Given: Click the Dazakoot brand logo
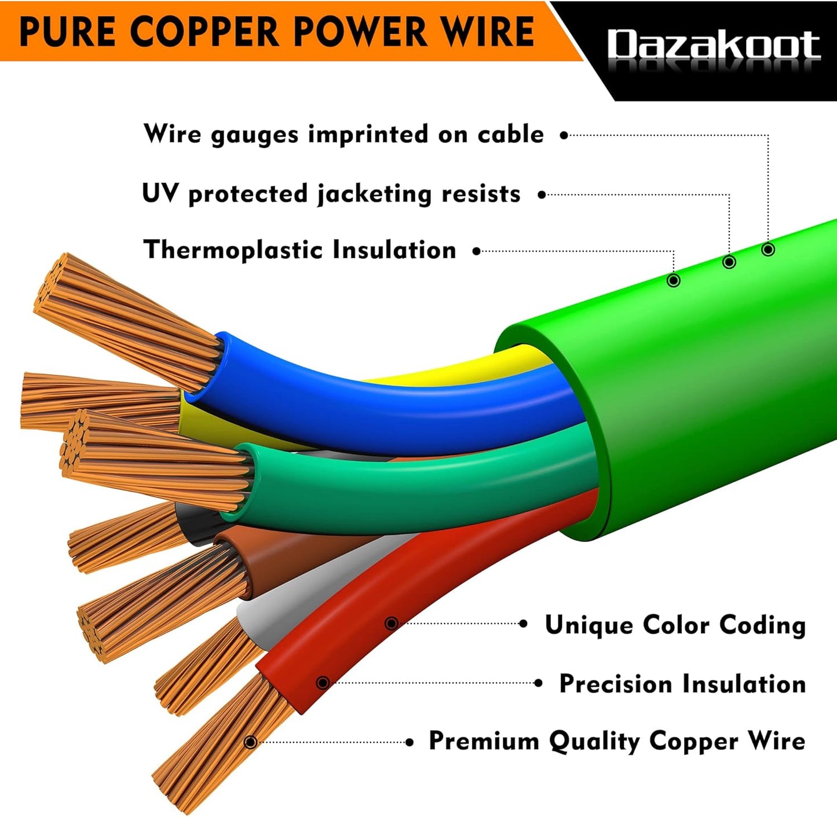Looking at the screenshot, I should [713, 45].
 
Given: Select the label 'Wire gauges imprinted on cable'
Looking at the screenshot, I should [343, 134].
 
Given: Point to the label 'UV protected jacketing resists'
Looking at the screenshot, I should [331, 193].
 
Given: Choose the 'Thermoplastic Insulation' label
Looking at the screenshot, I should [299, 250].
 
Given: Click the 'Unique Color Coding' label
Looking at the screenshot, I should [675, 625].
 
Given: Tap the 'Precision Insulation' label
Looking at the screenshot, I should [682, 684].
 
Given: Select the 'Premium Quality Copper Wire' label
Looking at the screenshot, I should [616, 741].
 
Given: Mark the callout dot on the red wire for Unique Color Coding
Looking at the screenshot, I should [392, 624].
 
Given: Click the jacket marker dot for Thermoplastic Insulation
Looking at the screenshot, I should [673, 280].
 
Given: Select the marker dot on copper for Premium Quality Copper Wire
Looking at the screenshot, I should [250, 742].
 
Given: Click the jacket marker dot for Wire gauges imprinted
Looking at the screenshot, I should [768, 250].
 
